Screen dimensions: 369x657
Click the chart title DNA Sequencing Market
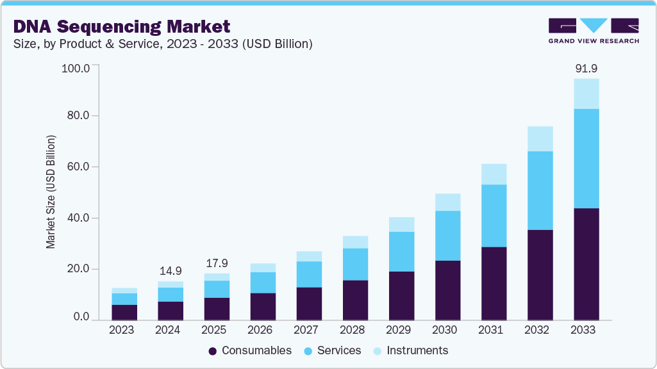click(121, 26)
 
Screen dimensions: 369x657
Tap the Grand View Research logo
click(593, 30)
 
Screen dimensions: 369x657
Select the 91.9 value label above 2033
click(586, 68)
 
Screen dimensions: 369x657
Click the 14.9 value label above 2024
click(170, 270)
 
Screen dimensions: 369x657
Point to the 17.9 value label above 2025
click(217, 263)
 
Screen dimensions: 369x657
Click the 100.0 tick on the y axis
click(76, 66)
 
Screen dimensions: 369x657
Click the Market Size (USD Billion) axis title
click(51, 192)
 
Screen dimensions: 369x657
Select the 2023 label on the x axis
click(122, 330)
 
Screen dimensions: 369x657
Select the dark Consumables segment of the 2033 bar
click(586, 264)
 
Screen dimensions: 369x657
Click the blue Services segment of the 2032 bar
click(540, 190)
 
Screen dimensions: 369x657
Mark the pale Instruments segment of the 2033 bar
click(586, 94)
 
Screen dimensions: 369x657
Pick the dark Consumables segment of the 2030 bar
click(447, 290)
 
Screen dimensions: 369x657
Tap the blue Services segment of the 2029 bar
click(401, 251)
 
